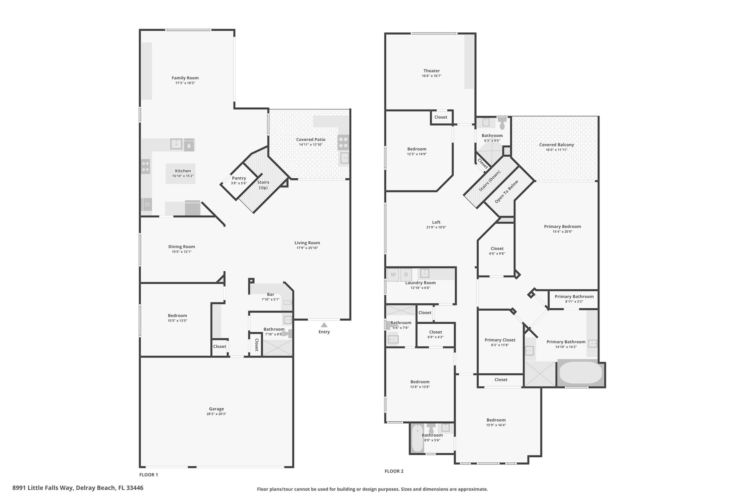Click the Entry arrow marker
[324, 325]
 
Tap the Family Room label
[185, 78]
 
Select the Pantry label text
[239, 178]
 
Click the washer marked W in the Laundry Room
[393, 275]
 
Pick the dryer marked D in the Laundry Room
[406, 275]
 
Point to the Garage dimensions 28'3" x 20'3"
[216, 414]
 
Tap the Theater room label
[432, 71]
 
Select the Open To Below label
[506, 192]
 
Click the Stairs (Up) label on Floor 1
[263, 185]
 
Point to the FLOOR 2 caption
[394, 471]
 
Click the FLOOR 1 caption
[148, 475]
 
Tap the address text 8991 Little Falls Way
[43, 488]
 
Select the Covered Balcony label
[557, 145]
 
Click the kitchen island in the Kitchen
[180, 174]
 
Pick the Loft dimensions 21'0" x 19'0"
[436, 227]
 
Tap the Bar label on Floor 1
[271, 294]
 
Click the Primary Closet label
[500, 340]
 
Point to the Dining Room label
[182, 246]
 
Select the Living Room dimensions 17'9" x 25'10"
[307, 248]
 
